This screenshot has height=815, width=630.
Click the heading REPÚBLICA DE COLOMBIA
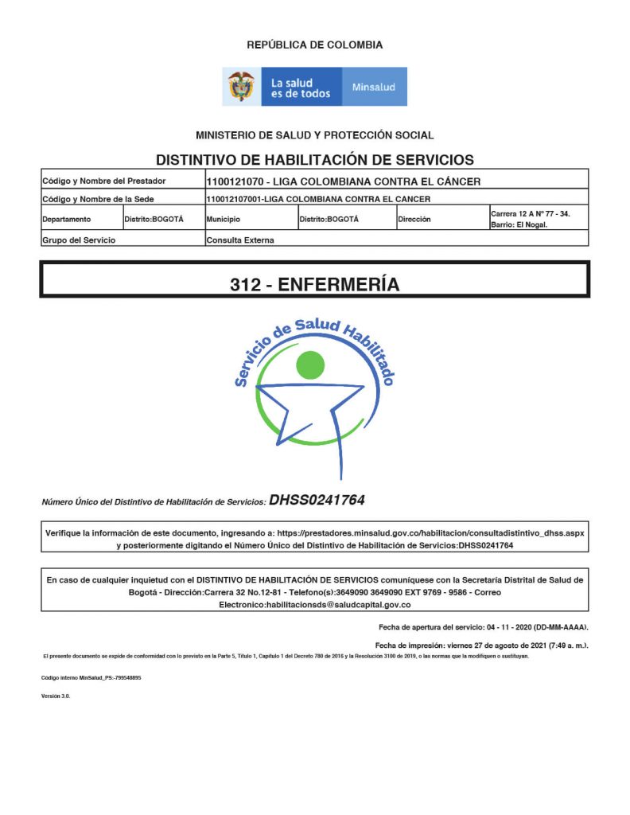pyautogui.click(x=314, y=45)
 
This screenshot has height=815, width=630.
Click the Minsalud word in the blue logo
pyautogui.click(x=374, y=87)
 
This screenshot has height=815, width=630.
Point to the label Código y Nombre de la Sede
pyautogui.click(x=98, y=199)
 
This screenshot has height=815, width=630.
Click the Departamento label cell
pyautogui.click(x=67, y=219)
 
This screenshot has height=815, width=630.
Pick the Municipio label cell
pyautogui.click(x=224, y=219)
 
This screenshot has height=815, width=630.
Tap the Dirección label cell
pyautogui.click(x=414, y=219)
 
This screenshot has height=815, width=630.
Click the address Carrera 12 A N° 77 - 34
pyautogui.click(x=530, y=213)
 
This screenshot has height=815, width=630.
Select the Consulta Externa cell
pyautogui.click(x=240, y=240)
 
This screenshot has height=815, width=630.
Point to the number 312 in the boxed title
pyautogui.click(x=245, y=284)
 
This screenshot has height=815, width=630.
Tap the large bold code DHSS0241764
pyautogui.click(x=317, y=501)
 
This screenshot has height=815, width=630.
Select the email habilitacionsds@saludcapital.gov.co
pyautogui.click(x=314, y=606)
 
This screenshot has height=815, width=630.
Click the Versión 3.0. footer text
pyautogui.click(x=56, y=696)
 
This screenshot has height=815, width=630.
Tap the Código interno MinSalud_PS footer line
pyautogui.click(x=91, y=677)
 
